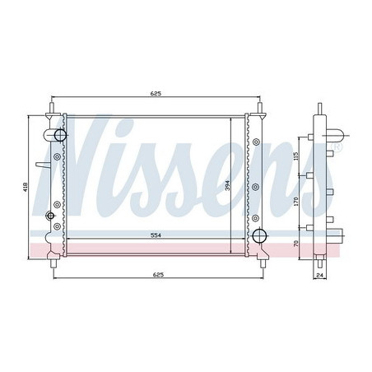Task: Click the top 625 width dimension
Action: (x=156, y=94)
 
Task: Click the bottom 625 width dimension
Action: (x=158, y=275)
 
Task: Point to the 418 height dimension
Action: (x=26, y=187)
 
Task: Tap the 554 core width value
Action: (x=156, y=235)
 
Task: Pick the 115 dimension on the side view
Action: (x=295, y=156)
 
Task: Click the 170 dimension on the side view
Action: (x=295, y=202)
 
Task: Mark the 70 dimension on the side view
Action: (x=295, y=244)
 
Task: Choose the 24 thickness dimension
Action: (x=320, y=275)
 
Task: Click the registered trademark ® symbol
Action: (x=337, y=147)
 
